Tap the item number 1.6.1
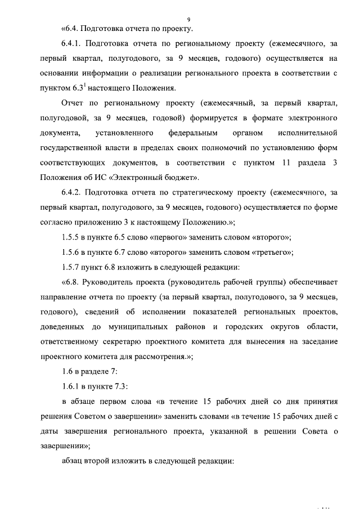click(71, 386)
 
